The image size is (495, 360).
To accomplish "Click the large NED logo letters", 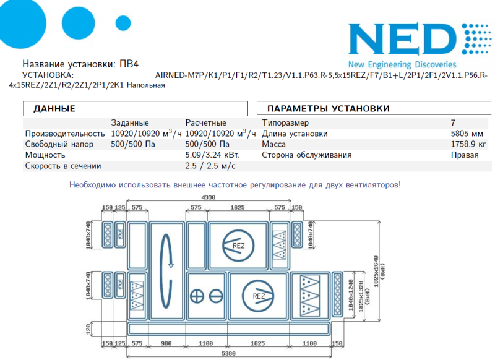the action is coord(402,39).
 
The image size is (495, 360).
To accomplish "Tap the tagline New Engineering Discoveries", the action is coord(402,65).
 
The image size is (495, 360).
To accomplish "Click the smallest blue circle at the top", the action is coord(123,23).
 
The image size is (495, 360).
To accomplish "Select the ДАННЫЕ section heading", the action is coord(54,108).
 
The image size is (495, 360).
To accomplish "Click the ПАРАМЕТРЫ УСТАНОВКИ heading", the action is coord(329,108).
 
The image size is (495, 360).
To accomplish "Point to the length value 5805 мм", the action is coord(467,134).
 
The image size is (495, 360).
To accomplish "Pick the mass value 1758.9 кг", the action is coord(468,144).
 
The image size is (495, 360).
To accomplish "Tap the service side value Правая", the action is coord(465,155).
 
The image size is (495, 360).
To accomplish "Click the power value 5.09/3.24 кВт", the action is coord(212,155).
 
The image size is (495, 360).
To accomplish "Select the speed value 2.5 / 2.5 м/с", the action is coord(210,166).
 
